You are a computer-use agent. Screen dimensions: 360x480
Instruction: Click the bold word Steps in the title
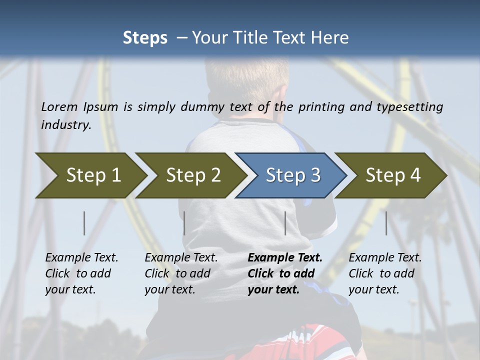[145, 37]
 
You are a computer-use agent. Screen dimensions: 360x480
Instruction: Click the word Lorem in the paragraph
[59, 106]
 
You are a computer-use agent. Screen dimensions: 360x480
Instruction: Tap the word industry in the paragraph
[65, 124]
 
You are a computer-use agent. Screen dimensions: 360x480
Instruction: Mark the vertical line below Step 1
[84, 223]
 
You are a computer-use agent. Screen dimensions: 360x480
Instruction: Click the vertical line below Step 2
[184, 223]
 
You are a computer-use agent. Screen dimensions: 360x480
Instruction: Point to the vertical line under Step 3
[285, 223]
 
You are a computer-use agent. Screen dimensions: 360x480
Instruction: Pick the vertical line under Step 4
[386, 223]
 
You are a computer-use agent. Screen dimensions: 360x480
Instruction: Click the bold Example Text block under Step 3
[284, 273]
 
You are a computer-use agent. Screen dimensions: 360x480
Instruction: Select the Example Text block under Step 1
[81, 273]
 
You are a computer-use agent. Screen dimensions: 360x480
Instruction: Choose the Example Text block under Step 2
[181, 273]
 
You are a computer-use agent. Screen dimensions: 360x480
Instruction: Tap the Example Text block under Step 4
[385, 273]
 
